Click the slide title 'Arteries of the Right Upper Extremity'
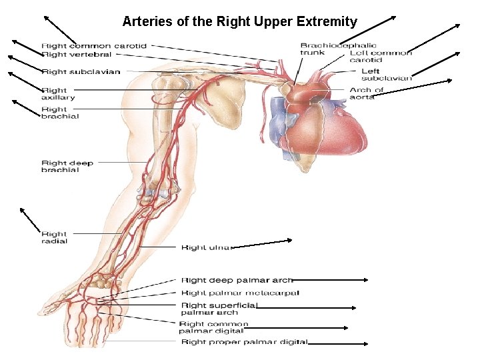coord(239,21)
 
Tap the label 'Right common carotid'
coord(94,46)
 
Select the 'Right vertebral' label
coord(76,55)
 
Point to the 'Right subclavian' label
coord(81,71)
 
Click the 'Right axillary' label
coord(58,94)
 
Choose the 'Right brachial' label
coord(60,113)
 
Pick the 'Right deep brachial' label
coord(67,166)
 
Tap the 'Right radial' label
coord(54,237)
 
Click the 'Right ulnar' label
coord(205,247)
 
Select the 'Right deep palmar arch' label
coord(237,281)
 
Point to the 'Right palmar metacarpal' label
coord(240,293)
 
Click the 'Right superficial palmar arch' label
coord(219,309)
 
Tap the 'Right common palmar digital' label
coord(213,327)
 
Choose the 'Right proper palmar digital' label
coord(244,342)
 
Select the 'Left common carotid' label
coord(380,56)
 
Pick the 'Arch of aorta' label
coord(366,93)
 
